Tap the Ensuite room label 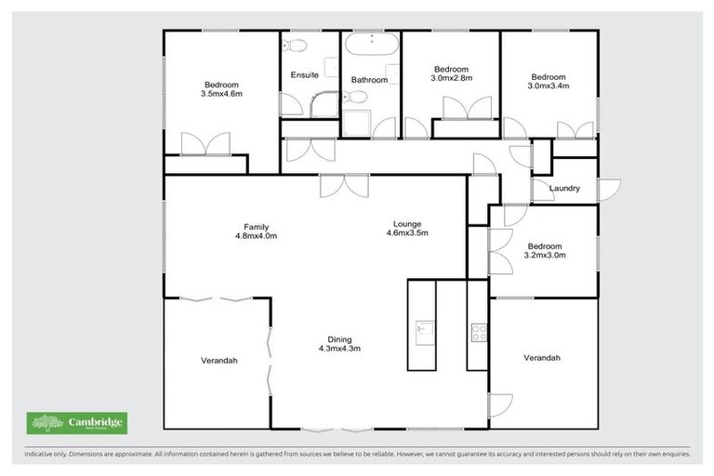[x=305, y=74]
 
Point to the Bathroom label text [x=369, y=80]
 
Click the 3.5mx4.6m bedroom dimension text [x=220, y=93]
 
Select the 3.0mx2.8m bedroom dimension [x=452, y=79]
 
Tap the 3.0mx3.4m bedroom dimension [x=548, y=86]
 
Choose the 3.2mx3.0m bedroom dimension [x=545, y=255]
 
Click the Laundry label [x=564, y=189]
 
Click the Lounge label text [x=407, y=224]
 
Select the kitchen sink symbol [x=424, y=327]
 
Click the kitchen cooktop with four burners [x=478, y=331]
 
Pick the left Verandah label [x=218, y=360]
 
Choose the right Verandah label [x=542, y=358]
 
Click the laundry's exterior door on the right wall [x=606, y=190]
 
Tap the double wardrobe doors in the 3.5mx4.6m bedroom [x=205, y=145]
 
